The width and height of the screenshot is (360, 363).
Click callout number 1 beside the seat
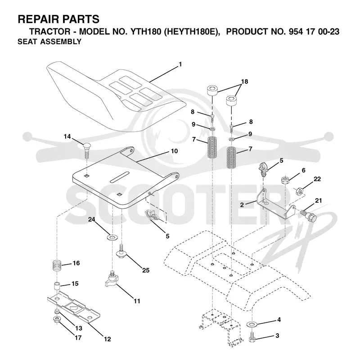(180, 64)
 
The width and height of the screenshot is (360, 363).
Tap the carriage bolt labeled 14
(87, 151)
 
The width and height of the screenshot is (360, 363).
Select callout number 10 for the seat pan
(174, 151)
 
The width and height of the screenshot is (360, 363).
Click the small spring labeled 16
(57, 265)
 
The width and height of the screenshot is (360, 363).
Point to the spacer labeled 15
(57, 286)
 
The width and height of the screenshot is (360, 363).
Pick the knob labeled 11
(111, 279)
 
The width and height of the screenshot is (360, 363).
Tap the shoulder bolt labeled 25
(121, 251)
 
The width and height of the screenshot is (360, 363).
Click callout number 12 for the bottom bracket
(108, 339)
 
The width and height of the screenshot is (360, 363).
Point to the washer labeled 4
(252, 323)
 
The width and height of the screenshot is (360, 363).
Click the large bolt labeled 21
(308, 215)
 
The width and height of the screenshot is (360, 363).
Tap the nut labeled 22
(300, 191)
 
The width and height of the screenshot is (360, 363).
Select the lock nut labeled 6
(285, 180)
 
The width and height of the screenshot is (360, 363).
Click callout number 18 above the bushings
(244, 82)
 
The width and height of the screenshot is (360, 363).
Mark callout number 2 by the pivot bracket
(242, 205)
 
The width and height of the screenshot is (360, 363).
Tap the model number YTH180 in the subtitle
(146, 32)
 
